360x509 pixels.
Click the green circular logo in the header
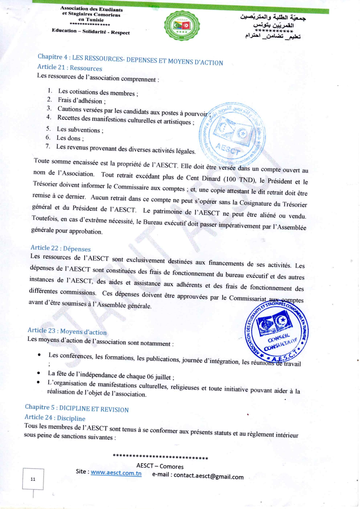click(182, 26)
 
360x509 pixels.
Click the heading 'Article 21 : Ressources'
click(70, 68)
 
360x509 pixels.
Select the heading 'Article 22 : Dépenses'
click(61, 248)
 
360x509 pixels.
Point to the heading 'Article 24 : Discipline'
click(55, 418)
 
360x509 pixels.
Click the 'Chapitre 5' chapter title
click(77, 408)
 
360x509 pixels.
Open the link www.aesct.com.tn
click(116, 473)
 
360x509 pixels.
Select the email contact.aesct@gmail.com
click(208, 476)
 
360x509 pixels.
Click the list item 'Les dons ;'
click(70, 138)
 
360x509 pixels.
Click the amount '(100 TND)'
click(240, 180)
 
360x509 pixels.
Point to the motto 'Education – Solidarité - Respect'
click(91, 32)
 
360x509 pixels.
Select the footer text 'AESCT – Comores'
click(160, 466)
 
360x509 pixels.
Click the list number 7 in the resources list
click(48, 146)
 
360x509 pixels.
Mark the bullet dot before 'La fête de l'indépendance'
click(39, 373)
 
